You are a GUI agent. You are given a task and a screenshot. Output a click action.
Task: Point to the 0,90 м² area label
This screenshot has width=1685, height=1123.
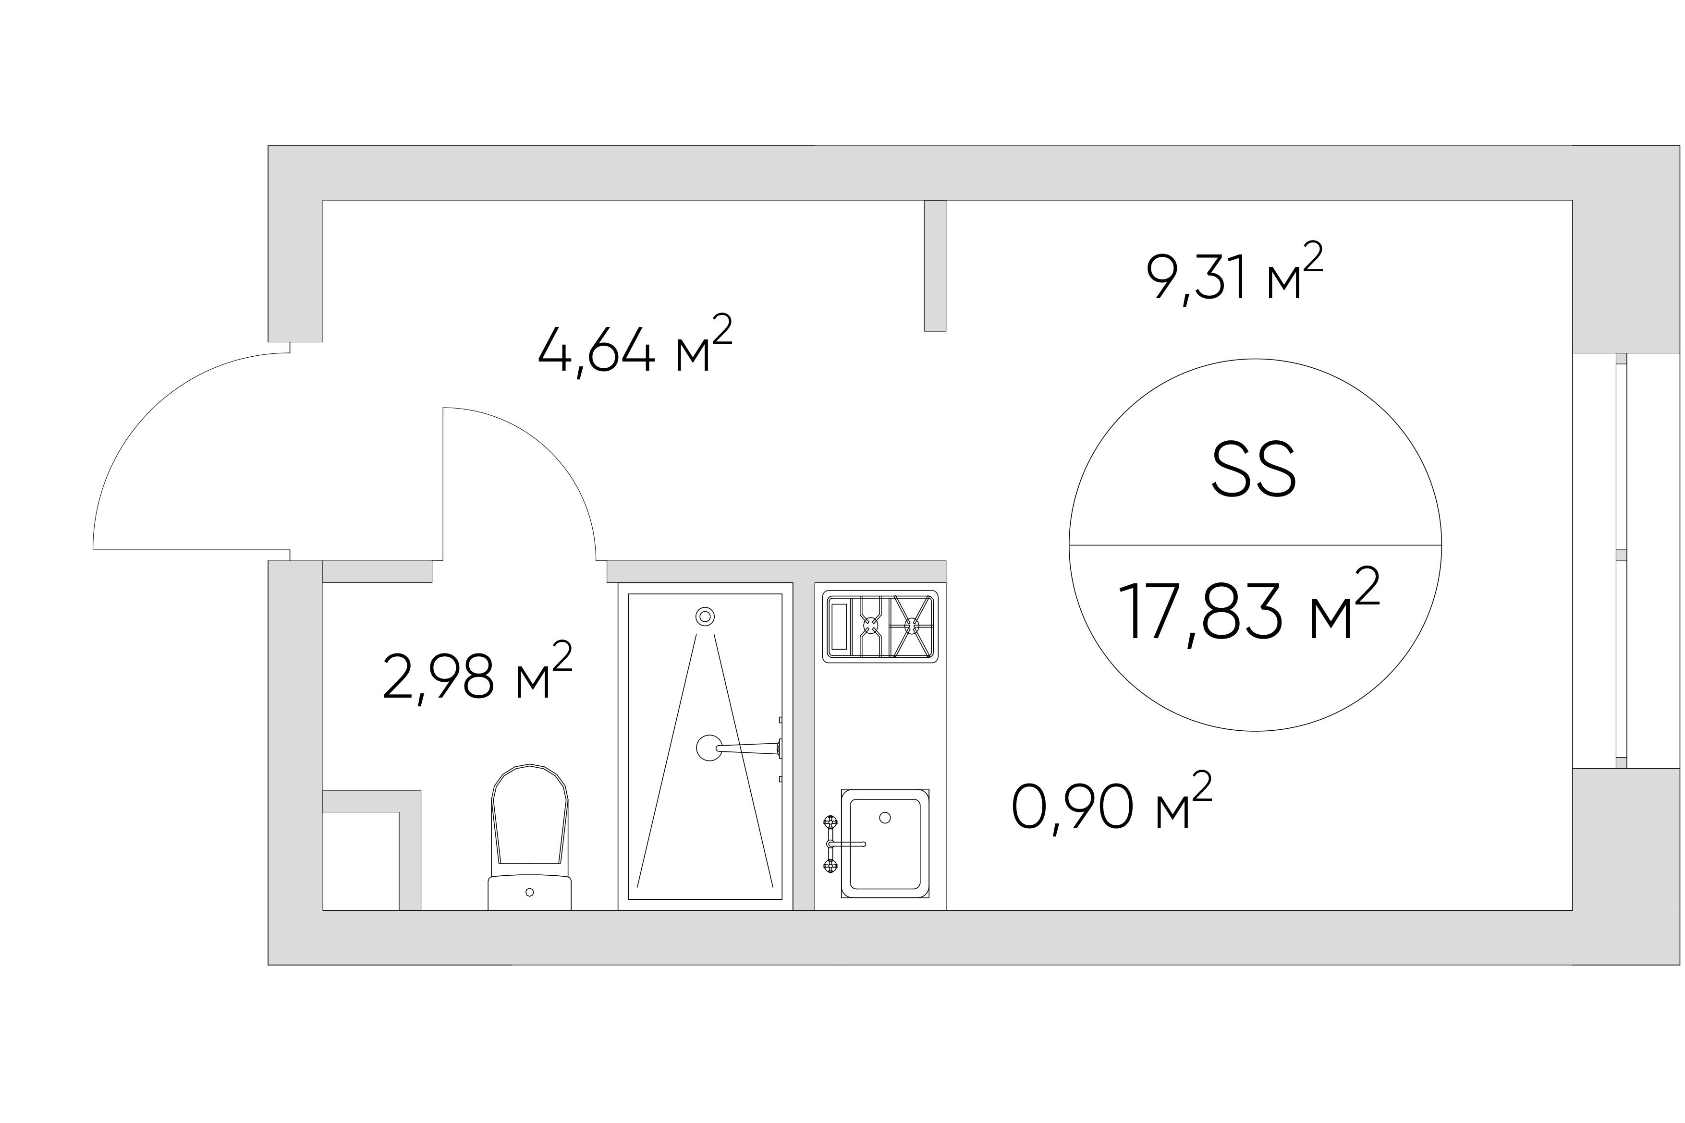click(1111, 804)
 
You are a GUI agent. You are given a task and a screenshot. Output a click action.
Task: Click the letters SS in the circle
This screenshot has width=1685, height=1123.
click(1254, 470)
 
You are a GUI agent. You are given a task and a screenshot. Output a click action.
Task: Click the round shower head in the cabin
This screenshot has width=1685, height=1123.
click(708, 748)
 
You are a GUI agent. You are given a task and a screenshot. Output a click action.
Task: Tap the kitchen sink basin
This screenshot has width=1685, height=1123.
click(885, 843)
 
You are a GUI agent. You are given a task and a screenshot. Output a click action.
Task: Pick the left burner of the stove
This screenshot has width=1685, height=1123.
click(870, 625)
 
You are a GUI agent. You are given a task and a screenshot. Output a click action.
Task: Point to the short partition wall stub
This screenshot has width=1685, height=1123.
click(935, 265)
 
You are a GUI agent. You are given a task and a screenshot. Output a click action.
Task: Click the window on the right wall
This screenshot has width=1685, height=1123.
click(1621, 561)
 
